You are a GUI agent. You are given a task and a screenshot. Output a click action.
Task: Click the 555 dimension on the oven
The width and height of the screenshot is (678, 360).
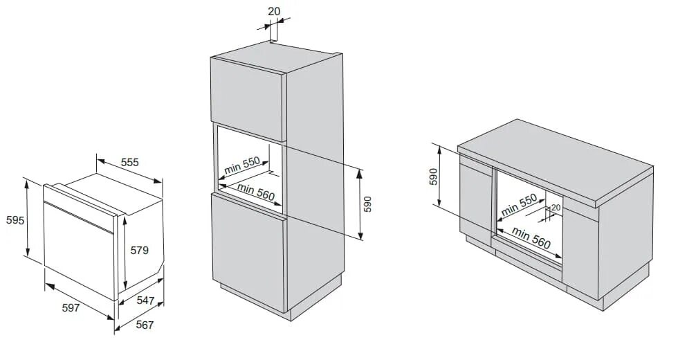tap(130, 162)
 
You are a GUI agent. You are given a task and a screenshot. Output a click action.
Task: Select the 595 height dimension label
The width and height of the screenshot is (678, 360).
tap(15, 220)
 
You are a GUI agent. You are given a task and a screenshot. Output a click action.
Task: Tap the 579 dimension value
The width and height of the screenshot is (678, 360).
tap(139, 251)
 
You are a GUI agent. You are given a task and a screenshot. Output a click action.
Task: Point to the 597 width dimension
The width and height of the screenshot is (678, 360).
tap(71, 307)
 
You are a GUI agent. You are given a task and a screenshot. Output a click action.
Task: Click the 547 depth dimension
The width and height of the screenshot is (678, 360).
tap(145, 300)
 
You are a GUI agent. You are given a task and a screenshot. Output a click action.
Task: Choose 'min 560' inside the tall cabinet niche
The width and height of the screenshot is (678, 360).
tap(256, 191)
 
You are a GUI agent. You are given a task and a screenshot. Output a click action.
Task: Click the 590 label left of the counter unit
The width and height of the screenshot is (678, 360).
tap(434, 177)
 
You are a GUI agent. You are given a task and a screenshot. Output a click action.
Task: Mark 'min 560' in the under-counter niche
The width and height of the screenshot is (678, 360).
tap(532, 239)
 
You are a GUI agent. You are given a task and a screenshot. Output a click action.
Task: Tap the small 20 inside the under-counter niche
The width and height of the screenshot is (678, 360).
tap(556, 207)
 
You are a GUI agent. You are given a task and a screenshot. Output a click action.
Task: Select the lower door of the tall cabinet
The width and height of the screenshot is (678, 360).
tap(248, 249)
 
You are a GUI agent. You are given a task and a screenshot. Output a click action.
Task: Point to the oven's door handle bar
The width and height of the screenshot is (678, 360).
tap(77, 216)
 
